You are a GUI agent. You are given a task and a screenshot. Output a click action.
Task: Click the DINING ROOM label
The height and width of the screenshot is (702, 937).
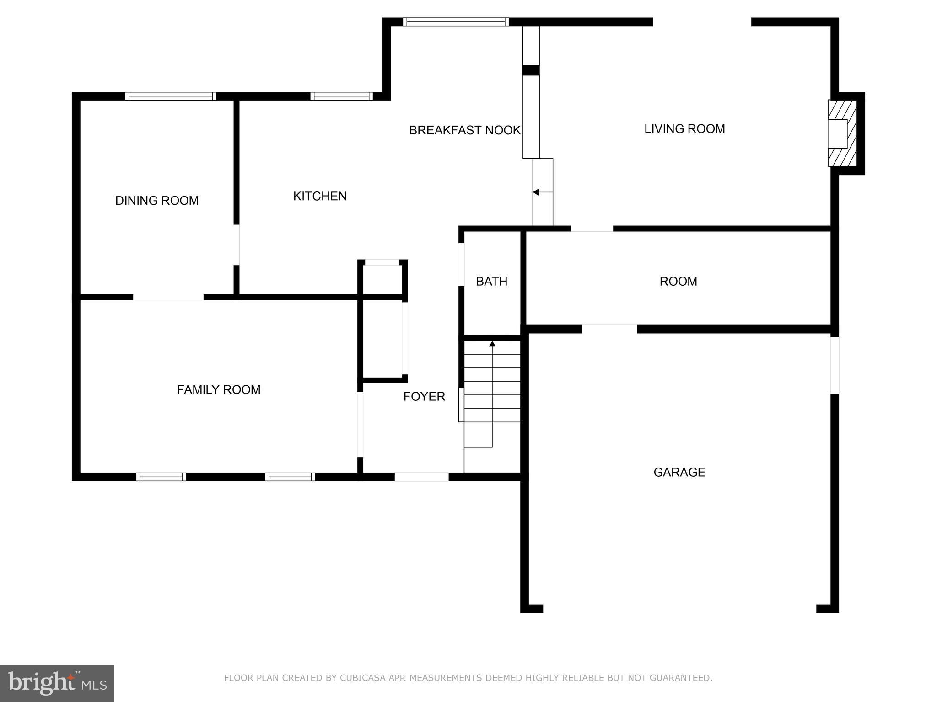pos(157,201)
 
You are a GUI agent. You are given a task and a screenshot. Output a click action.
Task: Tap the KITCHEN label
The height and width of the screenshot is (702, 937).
pos(320,196)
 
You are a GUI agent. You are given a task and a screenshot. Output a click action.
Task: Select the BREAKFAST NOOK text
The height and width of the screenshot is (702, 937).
pos(465,130)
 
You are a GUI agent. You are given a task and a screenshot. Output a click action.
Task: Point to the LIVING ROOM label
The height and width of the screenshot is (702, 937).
pos(684,129)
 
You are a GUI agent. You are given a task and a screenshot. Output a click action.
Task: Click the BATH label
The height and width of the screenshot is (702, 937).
pos(492,282)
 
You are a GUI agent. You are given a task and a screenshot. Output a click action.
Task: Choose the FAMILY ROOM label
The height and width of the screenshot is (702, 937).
pos(219,389)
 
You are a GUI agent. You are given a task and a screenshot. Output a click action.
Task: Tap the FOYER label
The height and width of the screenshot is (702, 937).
pos(424,396)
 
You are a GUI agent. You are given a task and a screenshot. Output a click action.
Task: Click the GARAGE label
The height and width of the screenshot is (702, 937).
pos(679,472)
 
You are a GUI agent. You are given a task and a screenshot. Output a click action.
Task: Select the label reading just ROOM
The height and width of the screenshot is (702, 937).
pos(679,282)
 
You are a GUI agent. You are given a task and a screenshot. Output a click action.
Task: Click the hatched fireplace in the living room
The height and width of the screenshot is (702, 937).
pos(842,133)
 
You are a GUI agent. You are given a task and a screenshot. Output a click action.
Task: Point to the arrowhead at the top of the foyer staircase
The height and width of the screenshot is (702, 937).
pos(492,344)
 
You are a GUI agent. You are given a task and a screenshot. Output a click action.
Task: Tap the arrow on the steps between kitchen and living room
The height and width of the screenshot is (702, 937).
pos(543,192)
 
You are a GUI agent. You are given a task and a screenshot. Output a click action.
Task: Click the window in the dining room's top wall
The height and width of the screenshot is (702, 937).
pos(171,96)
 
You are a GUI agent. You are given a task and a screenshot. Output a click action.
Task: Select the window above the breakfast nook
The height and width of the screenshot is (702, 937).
pos(456,21)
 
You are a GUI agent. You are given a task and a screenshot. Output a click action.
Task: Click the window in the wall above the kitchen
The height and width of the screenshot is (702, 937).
pos(341,96)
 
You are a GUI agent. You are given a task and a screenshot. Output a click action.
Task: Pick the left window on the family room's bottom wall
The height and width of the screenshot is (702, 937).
pos(161,477)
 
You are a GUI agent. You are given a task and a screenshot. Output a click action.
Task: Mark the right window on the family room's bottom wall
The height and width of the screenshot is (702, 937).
pos(290,477)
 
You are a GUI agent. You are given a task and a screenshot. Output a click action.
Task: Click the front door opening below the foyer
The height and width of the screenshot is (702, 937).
pos(421,477)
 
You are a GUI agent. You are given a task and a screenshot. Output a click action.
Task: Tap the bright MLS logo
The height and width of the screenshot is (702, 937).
pos(57,683)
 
